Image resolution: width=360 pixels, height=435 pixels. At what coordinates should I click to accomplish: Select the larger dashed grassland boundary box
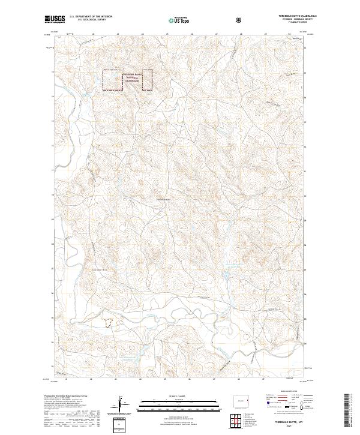click(112, 80)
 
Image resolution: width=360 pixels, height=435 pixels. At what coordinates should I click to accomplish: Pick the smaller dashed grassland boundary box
click(146, 80)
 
